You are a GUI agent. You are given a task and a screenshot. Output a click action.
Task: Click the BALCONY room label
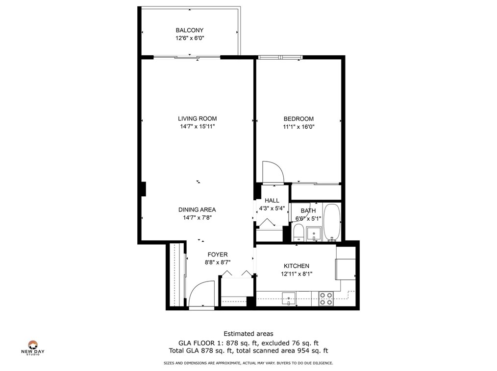coord(189,30)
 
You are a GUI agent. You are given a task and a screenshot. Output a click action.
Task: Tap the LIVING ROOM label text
coord(197,118)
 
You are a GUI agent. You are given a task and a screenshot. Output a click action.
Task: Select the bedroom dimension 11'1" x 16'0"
coord(298,127)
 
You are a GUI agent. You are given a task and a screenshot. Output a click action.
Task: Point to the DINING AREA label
coord(197,210)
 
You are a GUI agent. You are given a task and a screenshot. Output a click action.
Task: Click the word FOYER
coord(217,255)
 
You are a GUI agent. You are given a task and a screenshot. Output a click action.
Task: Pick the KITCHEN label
coord(296,266)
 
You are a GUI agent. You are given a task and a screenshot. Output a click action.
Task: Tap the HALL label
coord(272,201)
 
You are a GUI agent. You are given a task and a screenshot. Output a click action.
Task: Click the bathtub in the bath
coord(332,222)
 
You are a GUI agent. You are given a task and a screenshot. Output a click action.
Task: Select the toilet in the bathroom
coord(298,232)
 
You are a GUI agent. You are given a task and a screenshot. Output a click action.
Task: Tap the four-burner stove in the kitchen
coord(326,299)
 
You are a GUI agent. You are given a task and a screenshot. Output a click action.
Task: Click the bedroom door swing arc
coord(273,171)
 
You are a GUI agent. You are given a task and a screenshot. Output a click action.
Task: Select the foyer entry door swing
coord(201,293)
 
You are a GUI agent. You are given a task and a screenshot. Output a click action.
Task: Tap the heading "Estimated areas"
coord(248,334)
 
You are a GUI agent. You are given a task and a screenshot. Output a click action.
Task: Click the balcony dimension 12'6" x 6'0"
coord(189,38)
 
